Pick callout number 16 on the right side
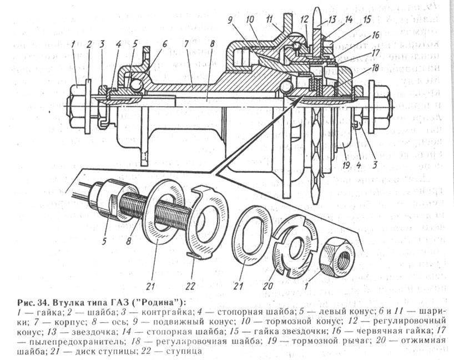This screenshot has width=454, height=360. pyautogui.click(x=376, y=34)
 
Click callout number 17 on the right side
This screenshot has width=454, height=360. pyautogui.click(x=376, y=53)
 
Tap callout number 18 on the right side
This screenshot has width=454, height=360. pyautogui.click(x=376, y=68)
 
